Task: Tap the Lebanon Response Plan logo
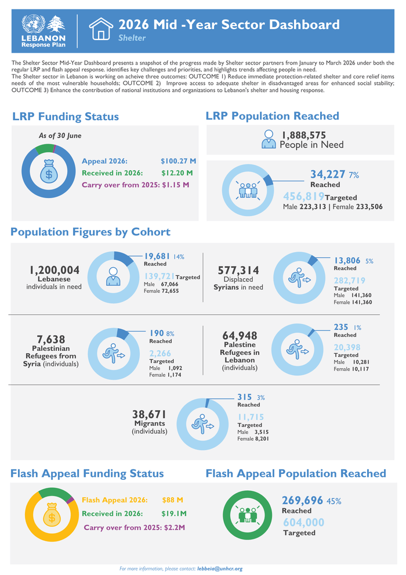43,31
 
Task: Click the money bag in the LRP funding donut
49,171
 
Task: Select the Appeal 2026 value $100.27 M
178,161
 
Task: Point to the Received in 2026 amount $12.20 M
177,172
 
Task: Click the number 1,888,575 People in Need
303,135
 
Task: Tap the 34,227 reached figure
328,174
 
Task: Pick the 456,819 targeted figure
303,196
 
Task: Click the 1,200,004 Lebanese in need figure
55,270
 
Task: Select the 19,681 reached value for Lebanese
157,256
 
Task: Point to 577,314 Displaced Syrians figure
238,270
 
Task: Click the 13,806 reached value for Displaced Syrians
347,261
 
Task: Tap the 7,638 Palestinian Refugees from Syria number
51,339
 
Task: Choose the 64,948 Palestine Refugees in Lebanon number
240,336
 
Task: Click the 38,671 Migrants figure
149,414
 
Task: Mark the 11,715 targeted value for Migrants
251,417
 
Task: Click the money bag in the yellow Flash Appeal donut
52,515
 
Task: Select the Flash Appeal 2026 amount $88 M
172,500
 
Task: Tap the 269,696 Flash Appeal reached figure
302,500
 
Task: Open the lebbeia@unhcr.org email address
220,569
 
